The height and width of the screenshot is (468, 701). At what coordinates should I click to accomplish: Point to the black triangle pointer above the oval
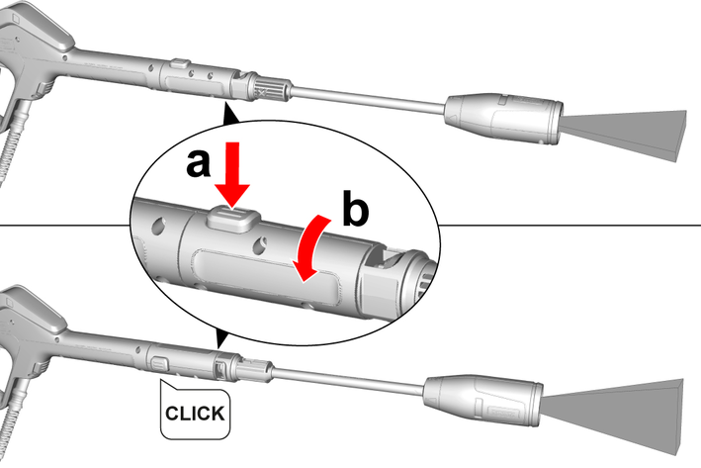tap(231, 116)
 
